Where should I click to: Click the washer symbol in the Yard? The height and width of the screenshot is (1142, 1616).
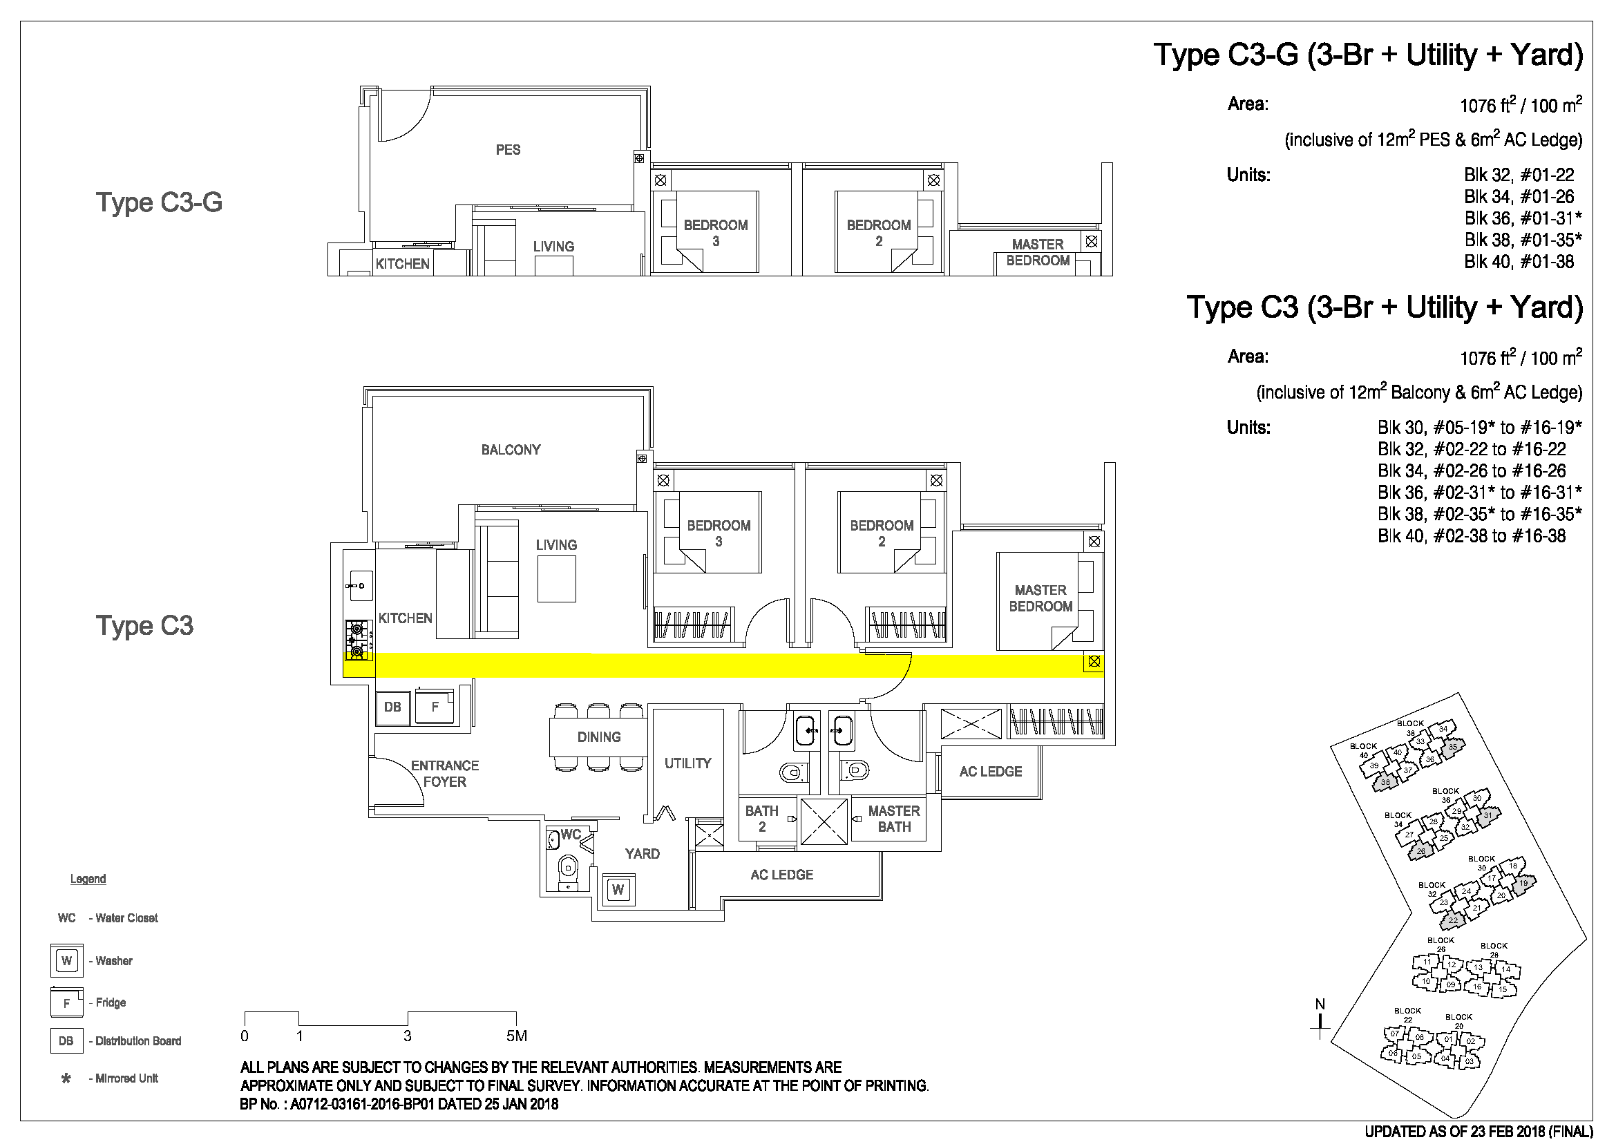click(618, 889)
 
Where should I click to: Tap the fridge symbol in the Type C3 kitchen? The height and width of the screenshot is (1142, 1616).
click(435, 707)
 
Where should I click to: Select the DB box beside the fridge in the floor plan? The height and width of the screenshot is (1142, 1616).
click(392, 707)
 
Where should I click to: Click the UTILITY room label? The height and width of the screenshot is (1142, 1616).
click(687, 763)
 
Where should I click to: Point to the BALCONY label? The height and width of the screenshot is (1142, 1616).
click(511, 450)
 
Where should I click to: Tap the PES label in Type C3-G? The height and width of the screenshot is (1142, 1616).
click(508, 150)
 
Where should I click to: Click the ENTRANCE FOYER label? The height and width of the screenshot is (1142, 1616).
click(445, 773)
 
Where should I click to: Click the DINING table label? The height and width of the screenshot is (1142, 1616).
click(599, 736)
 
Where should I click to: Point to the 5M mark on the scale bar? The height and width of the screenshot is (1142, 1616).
click(517, 1036)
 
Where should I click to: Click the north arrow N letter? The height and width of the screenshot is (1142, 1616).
click(1320, 1004)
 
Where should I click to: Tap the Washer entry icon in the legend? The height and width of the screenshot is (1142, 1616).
click(67, 960)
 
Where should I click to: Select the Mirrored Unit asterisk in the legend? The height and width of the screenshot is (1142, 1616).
click(66, 1078)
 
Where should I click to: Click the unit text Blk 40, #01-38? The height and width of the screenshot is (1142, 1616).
click(1519, 262)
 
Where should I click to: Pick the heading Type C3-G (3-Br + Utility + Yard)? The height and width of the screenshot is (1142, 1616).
click(1368, 55)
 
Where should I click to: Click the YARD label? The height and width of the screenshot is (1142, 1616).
click(642, 853)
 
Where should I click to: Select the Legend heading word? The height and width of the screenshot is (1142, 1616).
click(88, 879)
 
